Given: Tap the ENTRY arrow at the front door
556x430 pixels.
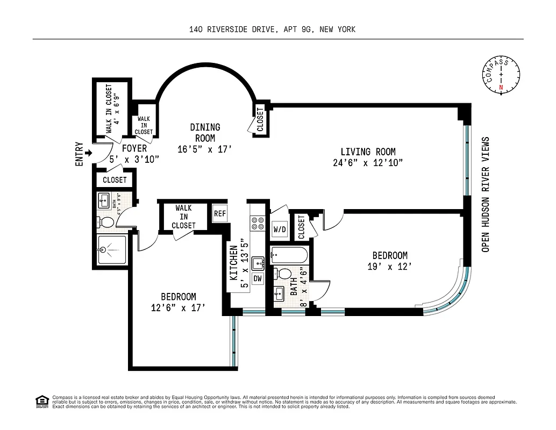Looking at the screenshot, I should (x=89, y=153).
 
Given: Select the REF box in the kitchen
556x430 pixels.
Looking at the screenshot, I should (x=219, y=213).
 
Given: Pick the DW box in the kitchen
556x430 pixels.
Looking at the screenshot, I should (x=258, y=279).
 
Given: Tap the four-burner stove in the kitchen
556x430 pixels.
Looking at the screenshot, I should (x=258, y=223).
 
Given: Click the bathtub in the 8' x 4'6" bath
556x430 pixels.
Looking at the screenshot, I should (x=289, y=254).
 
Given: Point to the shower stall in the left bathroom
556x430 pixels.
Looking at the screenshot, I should (x=112, y=250).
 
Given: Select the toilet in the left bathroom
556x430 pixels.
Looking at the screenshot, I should (x=106, y=222).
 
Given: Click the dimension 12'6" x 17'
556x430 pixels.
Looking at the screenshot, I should (x=178, y=308).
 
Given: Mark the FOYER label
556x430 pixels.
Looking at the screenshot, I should (x=135, y=148).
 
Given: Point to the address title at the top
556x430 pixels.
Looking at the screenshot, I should (x=272, y=30).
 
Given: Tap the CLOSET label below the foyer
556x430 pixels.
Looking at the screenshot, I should (x=115, y=180).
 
